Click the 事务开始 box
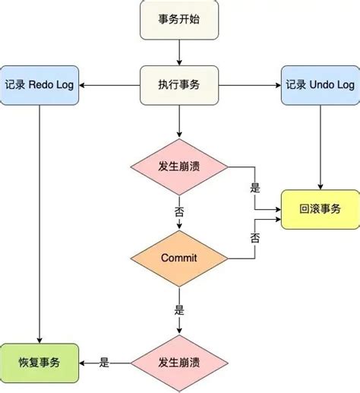(179, 21)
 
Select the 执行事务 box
(179, 85)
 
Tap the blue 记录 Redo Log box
(39, 85)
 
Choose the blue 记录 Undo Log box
(319, 85)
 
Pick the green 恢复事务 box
(39, 362)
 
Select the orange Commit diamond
(179, 258)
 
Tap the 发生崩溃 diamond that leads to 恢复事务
(179, 362)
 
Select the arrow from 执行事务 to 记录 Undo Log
(251, 85)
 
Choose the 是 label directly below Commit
(179, 309)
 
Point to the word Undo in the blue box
(320, 85)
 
